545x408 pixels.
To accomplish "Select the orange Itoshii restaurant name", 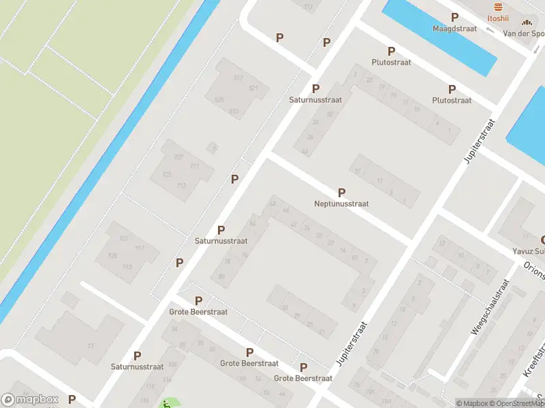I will [x=499, y=18].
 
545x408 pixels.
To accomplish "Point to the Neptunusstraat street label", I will [x=341, y=203].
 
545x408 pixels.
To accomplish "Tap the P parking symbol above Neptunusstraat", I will [x=341, y=192].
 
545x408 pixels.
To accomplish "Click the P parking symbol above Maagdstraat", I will [x=454, y=17].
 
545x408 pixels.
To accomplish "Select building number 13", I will [x=90, y=346].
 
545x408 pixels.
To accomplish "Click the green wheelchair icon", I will [x=166, y=404].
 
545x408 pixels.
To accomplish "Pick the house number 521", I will [x=253, y=88].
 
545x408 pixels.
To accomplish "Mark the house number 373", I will [x=308, y=7].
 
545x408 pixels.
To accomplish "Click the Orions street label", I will [x=533, y=267].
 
